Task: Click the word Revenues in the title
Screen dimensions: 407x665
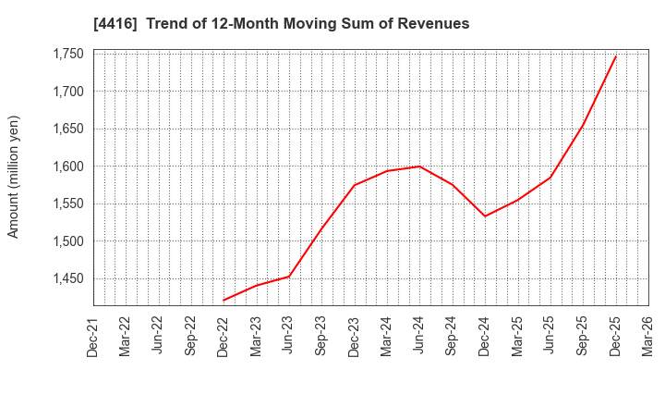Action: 434,23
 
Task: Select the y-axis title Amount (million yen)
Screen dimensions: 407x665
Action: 13,177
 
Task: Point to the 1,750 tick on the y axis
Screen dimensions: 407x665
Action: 66,55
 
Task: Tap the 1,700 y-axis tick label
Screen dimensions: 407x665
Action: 66,92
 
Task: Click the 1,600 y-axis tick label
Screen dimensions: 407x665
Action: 66,166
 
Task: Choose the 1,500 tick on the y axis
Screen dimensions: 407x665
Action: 66,241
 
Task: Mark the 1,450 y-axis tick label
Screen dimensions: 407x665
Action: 66,278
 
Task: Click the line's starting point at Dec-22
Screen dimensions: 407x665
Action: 224,300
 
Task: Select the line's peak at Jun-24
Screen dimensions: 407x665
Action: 419,166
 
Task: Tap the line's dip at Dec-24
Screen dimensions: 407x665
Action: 485,216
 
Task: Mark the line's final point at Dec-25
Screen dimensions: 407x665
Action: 615,56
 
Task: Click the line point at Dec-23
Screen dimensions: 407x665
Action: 355,185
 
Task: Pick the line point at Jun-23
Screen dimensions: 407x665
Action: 289,277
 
